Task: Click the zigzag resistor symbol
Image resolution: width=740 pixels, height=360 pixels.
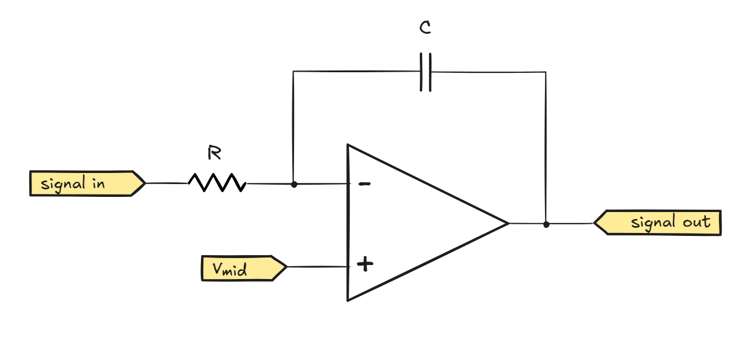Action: point(217,183)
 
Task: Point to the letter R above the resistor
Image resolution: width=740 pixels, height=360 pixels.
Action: point(214,154)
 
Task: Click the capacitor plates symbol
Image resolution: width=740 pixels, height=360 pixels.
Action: point(426,72)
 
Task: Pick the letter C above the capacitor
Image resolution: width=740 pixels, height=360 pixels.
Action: point(426,29)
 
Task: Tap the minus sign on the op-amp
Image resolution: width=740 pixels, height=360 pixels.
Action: point(364,184)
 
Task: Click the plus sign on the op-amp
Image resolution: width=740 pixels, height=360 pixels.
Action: point(365,265)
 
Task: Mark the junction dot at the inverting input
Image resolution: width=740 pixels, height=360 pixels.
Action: point(294,184)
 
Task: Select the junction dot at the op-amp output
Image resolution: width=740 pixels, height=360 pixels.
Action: point(546,224)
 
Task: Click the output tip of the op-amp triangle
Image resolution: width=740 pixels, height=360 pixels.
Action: point(508,223)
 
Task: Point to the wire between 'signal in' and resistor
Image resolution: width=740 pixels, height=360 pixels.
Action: point(166,183)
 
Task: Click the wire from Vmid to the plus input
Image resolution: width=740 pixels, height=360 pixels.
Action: point(317,267)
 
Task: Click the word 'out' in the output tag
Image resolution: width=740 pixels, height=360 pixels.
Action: point(696,222)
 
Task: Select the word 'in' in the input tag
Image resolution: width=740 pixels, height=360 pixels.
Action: point(98,183)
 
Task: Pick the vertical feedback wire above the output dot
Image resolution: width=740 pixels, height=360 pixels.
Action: point(546,146)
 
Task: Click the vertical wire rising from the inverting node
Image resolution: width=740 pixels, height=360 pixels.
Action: point(293,128)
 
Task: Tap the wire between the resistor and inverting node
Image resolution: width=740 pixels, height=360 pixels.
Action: point(269,184)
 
